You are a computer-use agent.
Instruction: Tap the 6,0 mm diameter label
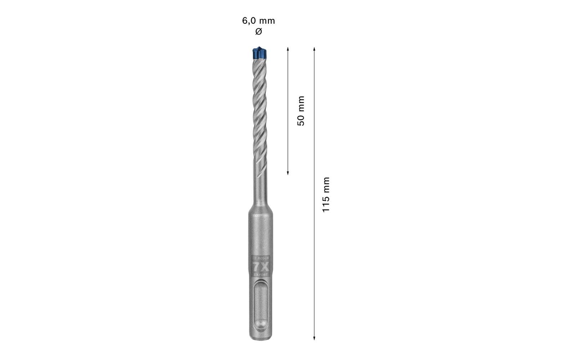258,21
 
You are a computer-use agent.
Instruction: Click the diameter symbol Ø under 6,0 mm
258,32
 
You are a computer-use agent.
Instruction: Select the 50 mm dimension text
301,111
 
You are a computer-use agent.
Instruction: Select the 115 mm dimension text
326,194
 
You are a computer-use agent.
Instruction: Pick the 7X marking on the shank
260,267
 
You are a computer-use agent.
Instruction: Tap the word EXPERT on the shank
261,275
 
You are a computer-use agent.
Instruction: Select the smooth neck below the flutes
260,187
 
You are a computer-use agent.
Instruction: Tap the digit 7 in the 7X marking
256,267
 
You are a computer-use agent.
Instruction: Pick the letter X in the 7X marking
265,267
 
